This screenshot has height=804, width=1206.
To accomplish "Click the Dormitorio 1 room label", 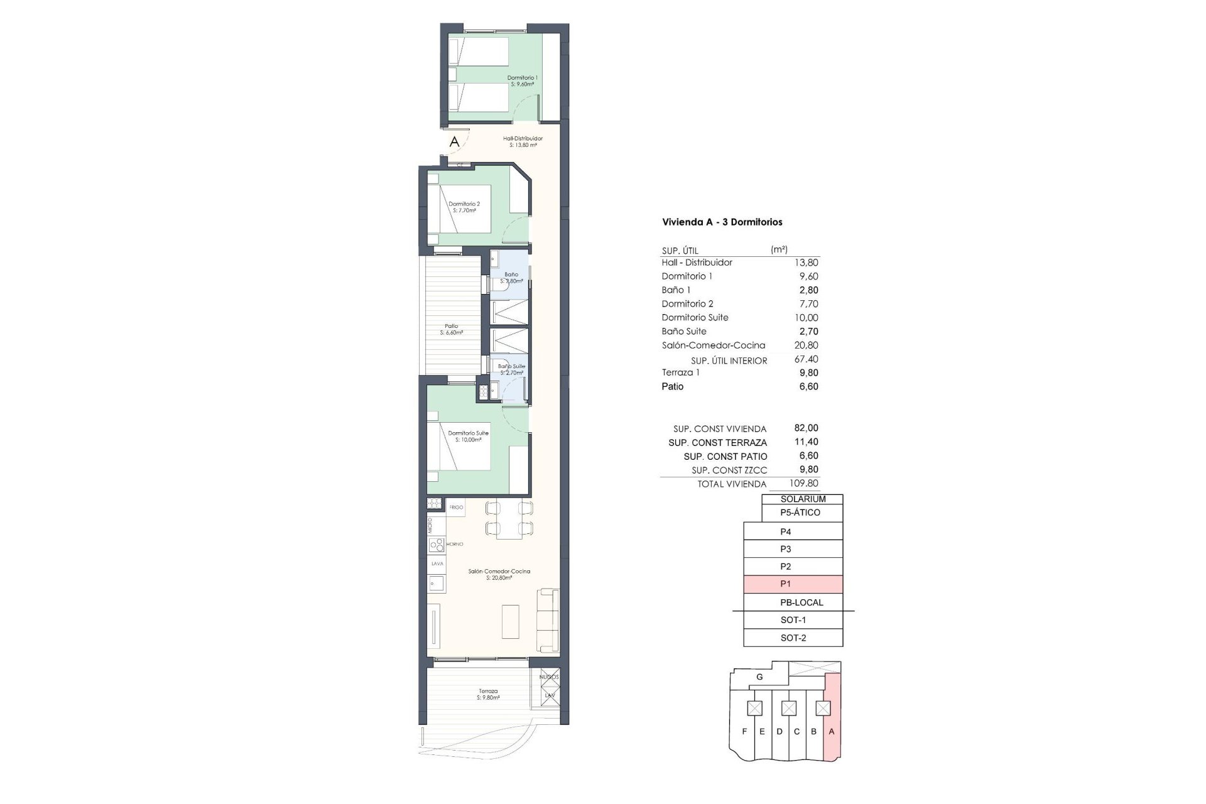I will point(522,80).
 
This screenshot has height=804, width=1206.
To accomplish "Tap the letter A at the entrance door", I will point(454,143).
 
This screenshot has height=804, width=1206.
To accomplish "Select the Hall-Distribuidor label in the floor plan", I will point(523,141).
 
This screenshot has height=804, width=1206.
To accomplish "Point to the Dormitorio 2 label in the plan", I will point(464,207).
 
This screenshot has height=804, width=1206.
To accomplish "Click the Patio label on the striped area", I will point(451,329).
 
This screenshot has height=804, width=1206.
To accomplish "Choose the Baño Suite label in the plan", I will point(511,369).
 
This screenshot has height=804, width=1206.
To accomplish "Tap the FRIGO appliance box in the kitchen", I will point(456,507).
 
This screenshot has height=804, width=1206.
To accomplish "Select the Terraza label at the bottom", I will point(487,693).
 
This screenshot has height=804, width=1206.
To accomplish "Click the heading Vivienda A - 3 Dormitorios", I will point(722,222).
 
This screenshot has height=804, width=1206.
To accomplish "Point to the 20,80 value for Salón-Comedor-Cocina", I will point(806,345).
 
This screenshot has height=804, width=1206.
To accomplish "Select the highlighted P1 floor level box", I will point(793,584).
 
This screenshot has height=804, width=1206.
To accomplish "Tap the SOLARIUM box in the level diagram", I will point(803,499).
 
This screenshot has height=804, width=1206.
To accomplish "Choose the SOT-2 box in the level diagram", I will point(793,638).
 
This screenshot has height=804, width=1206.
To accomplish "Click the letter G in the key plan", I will point(759,676).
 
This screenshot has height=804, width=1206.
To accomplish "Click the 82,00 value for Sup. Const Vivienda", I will point(806,428).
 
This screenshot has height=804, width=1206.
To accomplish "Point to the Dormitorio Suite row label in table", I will point(695,317).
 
